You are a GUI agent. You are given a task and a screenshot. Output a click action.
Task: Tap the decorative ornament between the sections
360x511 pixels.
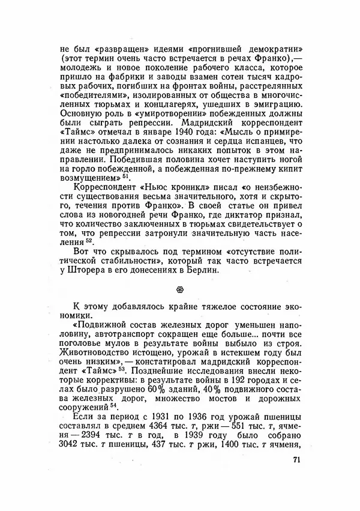tap(180, 288)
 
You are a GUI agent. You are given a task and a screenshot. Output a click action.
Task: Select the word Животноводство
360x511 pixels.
tap(103, 350)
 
